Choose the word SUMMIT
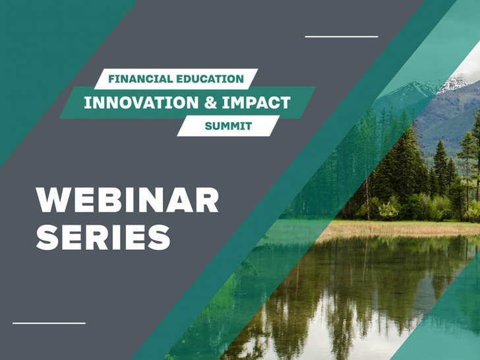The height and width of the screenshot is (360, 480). coord(228,126)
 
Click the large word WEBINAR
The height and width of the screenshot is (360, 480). coord(127,200)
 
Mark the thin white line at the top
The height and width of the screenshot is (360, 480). coord(342,36)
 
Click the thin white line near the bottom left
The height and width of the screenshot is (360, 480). coord(49,323)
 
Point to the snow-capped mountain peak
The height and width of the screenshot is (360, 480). coord(454,83)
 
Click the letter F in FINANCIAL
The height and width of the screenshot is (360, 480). coord(111,79)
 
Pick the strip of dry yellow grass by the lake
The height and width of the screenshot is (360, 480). coord(402,229)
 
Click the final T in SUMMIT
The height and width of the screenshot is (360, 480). coord(249,126)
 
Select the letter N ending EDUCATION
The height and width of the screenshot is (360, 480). coord(239,79)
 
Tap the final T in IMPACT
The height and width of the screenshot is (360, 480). coord(285,103)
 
